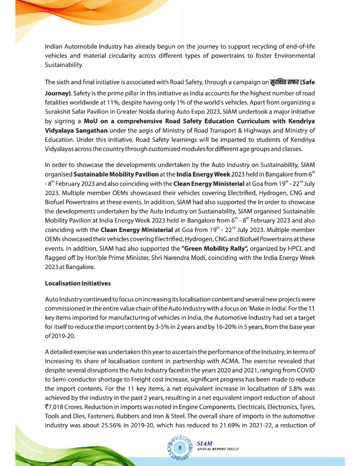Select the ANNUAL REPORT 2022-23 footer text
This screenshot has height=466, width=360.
click(x=218, y=450)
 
